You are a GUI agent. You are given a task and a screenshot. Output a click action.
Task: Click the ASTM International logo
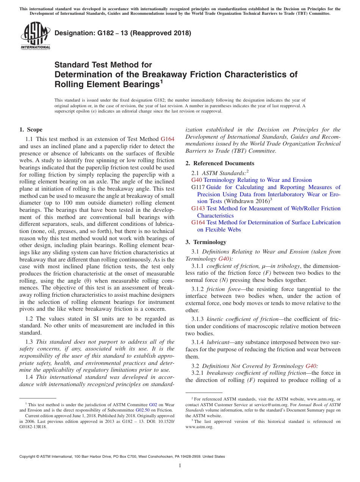click(x=35, y=36)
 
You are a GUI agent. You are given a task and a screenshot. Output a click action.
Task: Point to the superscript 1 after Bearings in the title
click(x=161, y=81)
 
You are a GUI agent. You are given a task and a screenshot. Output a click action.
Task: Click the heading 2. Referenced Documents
click(x=220, y=163)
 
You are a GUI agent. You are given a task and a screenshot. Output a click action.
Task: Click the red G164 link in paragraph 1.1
click(x=167, y=139)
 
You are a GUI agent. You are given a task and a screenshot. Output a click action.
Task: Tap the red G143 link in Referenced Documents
click(x=198, y=208)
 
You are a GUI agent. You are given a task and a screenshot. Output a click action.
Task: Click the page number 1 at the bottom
click(x=180, y=466)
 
